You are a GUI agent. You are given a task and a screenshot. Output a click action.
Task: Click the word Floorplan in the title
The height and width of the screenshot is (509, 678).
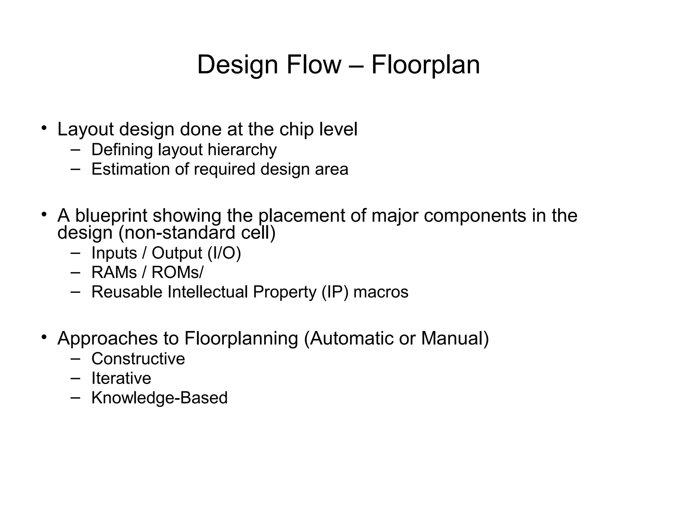point(425,65)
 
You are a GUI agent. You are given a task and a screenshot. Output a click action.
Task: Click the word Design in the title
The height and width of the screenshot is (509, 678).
point(237,65)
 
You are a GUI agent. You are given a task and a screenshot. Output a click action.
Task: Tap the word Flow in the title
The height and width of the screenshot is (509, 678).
point(314,65)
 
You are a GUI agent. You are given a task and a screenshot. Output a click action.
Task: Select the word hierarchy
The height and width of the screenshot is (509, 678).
point(242,150)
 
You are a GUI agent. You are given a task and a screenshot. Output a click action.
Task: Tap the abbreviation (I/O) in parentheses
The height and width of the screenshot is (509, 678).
point(224,254)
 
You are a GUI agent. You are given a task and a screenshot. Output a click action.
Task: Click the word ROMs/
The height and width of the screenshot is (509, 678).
point(177,273)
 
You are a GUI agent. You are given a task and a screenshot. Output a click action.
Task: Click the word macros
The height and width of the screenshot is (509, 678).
point(381,292)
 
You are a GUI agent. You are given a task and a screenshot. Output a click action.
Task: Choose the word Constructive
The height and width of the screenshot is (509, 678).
point(138,359)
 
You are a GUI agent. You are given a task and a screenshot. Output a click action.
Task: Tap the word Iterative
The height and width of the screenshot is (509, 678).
point(121,378)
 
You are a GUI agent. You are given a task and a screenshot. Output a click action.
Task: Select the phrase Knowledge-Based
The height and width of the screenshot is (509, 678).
point(159,398)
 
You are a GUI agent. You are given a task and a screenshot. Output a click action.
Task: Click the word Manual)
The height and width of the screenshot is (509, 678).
point(455,339)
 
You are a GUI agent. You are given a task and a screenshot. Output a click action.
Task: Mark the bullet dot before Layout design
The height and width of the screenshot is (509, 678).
point(44,128)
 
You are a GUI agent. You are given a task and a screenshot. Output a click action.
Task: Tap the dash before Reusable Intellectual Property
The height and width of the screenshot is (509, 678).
point(75,292)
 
